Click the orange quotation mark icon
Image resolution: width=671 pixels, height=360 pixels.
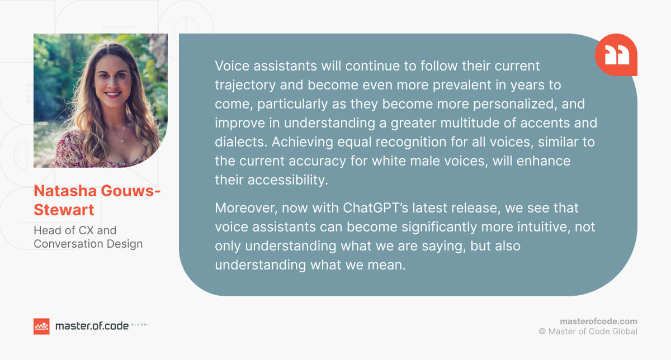point(616,55)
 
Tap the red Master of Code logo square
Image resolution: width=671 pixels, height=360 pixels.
point(41,326)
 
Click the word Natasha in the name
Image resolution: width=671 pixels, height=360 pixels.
point(65,191)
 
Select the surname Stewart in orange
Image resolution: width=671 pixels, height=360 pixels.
point(64,210)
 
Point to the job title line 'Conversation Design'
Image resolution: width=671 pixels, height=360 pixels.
point(88,244)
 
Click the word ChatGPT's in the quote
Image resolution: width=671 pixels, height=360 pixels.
point(375,207)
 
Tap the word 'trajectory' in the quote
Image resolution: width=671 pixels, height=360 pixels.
point(245,86)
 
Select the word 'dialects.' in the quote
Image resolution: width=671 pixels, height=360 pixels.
point(241,141)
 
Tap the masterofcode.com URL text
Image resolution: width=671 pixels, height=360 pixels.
point(598,321)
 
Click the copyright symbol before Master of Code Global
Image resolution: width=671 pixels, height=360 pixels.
point(542,331)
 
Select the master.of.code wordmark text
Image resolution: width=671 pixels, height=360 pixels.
point(92,326)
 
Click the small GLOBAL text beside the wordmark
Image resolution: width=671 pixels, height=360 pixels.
point(140,324)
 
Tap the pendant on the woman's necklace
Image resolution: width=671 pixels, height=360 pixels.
point(122,140)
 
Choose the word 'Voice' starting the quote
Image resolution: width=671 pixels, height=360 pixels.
point(232,66)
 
